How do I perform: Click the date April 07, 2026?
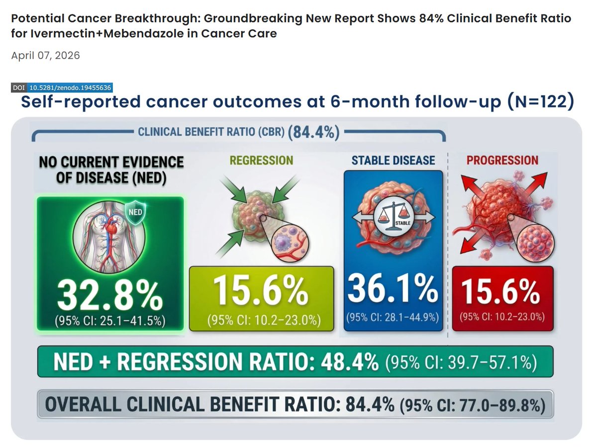tap(45, 55)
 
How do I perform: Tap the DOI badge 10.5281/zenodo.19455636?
tap(69, 88)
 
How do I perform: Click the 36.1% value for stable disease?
tap(393, 289)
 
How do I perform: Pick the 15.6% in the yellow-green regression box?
tap(261, 292)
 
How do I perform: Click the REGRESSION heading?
tap(261, 160)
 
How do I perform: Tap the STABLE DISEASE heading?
tap(393, 160)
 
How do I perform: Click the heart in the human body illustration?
tap(109, 225)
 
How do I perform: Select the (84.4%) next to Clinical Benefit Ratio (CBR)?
tap(316, 133)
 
